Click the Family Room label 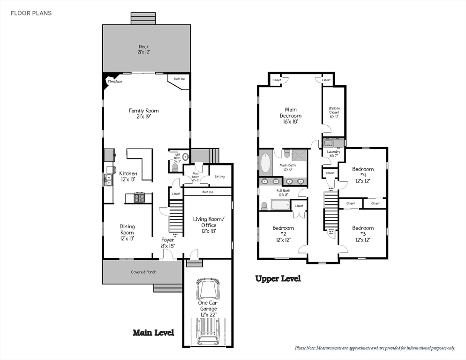(143, 113)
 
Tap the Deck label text (143, 49)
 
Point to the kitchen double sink (108, 180)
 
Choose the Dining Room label (127, 232)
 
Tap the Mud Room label (196, 178)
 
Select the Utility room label (219, 177)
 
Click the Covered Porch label (143, 272)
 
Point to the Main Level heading (153, 332)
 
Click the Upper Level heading (278, 278)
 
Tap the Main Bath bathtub (265, 163)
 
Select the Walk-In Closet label (334, 112)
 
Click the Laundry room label (333, 153)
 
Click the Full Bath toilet (264, 206)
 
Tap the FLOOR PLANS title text (32, 13)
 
